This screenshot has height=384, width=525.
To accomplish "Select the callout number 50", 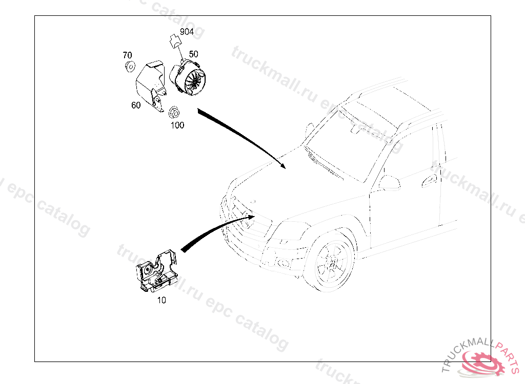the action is click(x=193, y=54).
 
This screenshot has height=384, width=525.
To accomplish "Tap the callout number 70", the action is click(x=127, y=55).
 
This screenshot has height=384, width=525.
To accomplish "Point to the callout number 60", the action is click(x=135, y=105).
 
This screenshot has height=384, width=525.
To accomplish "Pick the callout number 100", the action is click(x=177, y=125).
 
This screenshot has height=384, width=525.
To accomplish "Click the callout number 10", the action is click(x=161, y=301).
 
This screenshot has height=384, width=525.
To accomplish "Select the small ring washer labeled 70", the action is click(x=129, y=66).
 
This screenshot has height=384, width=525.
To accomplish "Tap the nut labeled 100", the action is click(x=173, y=112).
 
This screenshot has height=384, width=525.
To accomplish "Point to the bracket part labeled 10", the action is click(x=156, y=271).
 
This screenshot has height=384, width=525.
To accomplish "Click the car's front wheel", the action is click(x=330, y=263).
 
